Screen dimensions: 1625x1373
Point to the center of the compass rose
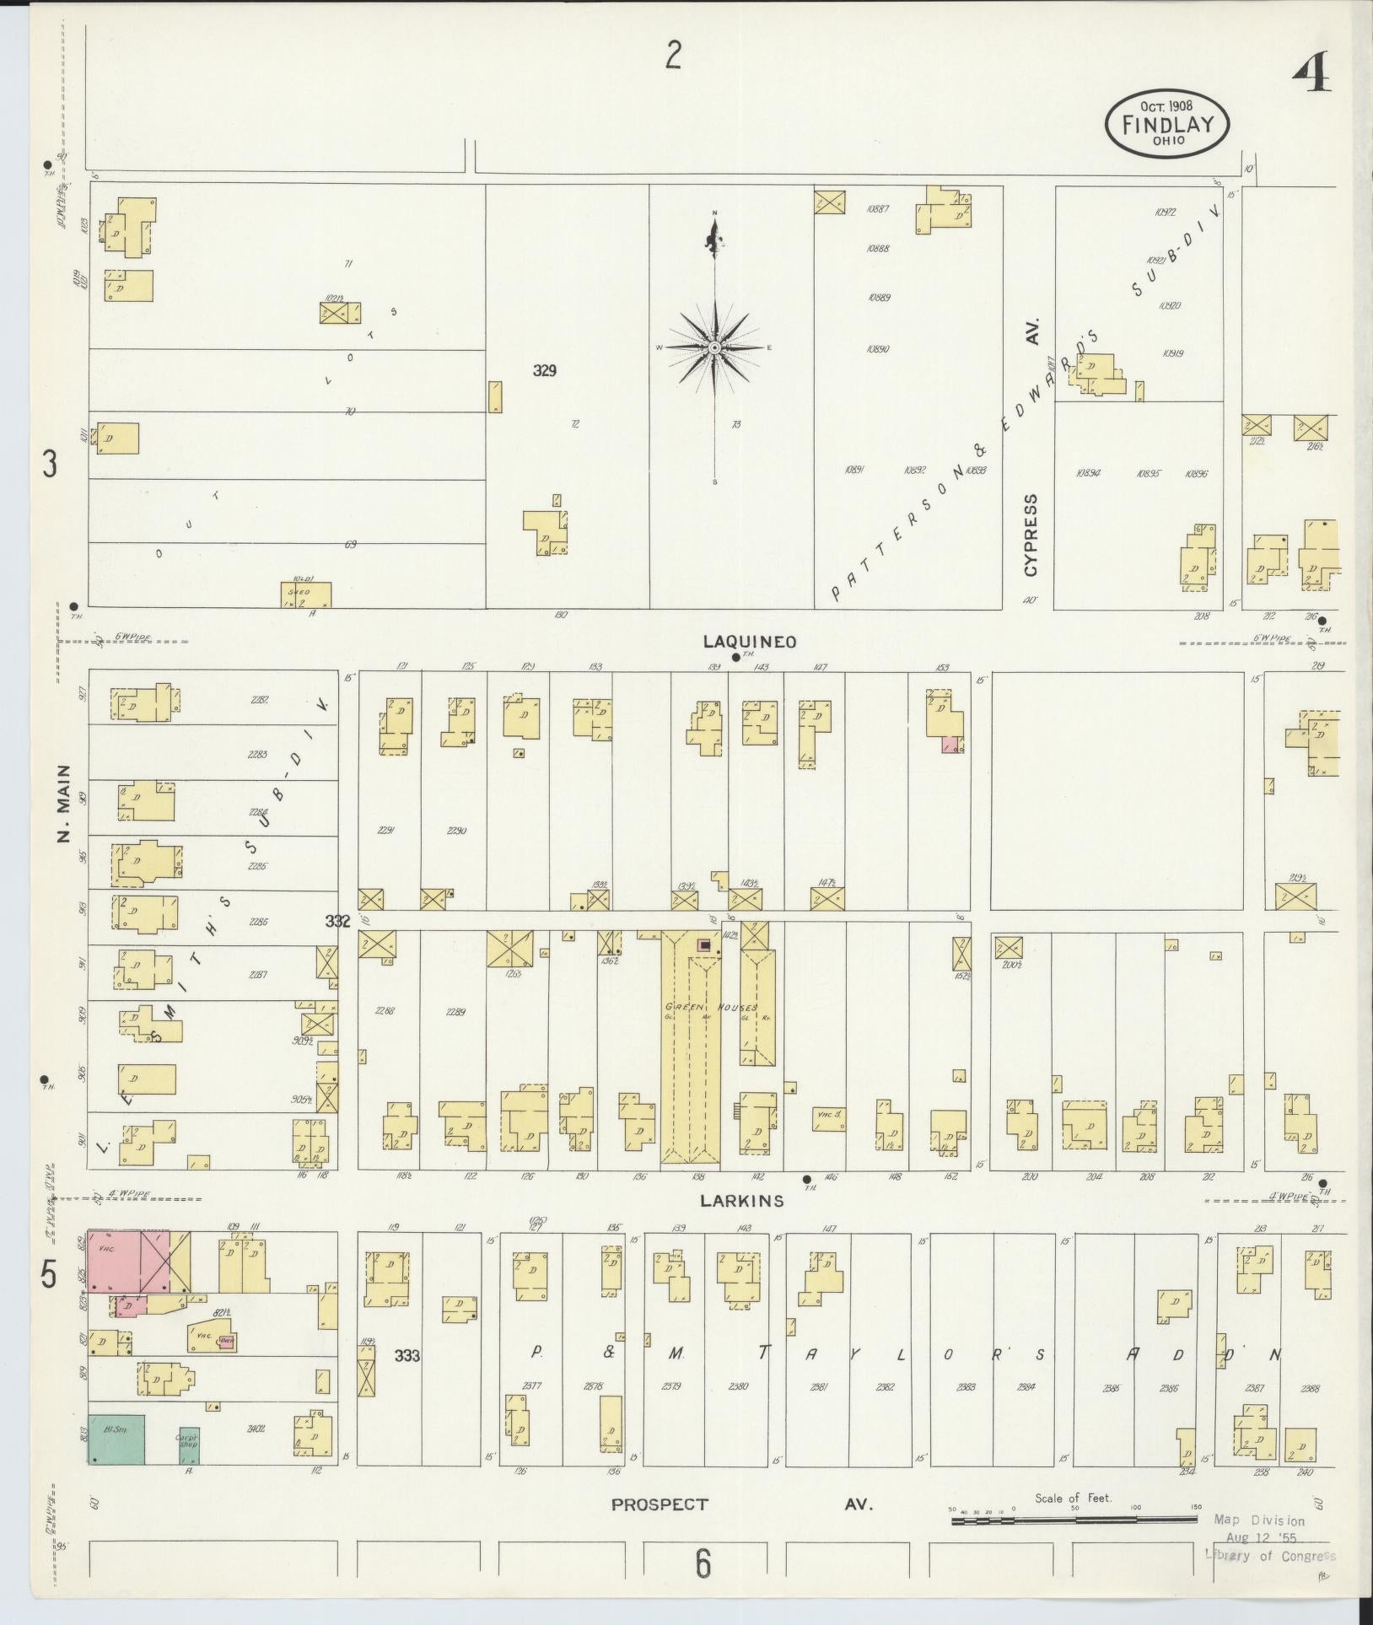pos(715,347)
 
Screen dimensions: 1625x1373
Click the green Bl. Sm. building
pos(116,1439)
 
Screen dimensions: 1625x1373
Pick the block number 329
pos(545,369)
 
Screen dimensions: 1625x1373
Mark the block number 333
pos(407,1356)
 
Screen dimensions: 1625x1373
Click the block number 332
pos(337,923)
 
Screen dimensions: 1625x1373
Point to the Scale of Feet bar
pos(1073,1520)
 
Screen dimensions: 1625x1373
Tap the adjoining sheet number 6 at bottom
pos(703,1563)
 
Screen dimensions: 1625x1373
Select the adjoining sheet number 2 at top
pos(672,56)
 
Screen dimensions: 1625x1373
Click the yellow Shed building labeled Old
pos(305,594)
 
